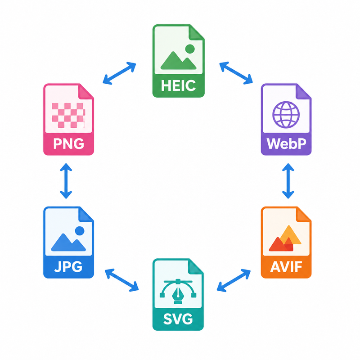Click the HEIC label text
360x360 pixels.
tap(178, 85)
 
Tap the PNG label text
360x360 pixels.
tap(69, 144)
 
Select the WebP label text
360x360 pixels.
tap(286, 144)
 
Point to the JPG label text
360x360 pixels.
tap(68, 266)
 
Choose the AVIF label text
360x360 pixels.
tap(286, 266)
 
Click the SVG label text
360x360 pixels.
tap(178, 319)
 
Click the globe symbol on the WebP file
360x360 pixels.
tap(286, 114)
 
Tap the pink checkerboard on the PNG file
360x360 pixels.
tap(69, 115)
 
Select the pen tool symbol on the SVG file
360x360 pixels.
tap(178, 291)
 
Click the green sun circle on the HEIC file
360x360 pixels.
tap(190, 49)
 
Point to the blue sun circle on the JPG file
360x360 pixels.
tap(80, 231)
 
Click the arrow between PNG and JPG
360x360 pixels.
tap(66, 181)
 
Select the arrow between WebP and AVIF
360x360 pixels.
tap(288, 181)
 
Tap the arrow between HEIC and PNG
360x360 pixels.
tap(119, 73)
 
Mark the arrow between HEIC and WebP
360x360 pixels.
tap(236, 73)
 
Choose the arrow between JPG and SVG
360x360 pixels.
tap(121, 280)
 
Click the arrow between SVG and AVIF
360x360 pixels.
tap(234, 280)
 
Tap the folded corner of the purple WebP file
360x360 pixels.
tap(303, 92)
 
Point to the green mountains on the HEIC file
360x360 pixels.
tap(178, 61)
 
